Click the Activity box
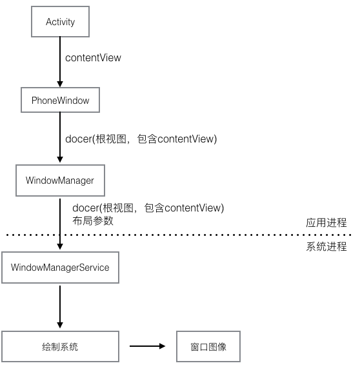(x=60, y=22)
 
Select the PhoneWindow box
(x=60, y=101)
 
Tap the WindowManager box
(x=60, y=180)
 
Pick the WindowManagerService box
(x=60, y=268)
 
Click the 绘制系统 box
(x=60, y=347)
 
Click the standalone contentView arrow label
(x=93, y=58)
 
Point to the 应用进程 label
(x=326, y=223)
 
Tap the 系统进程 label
(x=326, y=246)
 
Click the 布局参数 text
(x=93, y=220)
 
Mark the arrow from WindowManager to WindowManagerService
(x=60, y=222)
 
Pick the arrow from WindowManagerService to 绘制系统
(x=60, y=307)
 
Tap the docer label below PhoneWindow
(x=141, y=139)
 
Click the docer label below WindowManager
(x=148, y=208)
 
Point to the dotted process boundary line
(x=194, y=235)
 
